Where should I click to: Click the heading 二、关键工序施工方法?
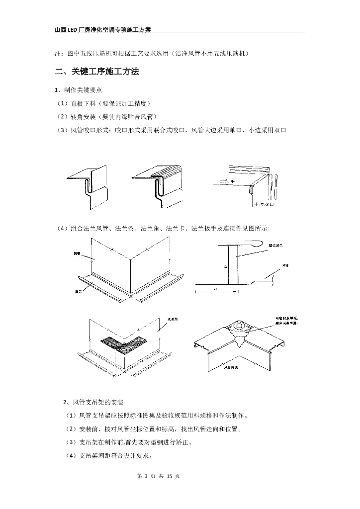[96, 72]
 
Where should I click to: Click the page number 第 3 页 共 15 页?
[154, 476]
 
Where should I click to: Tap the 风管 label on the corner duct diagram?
[77, 254]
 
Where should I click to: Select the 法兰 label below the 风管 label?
[78, 290]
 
